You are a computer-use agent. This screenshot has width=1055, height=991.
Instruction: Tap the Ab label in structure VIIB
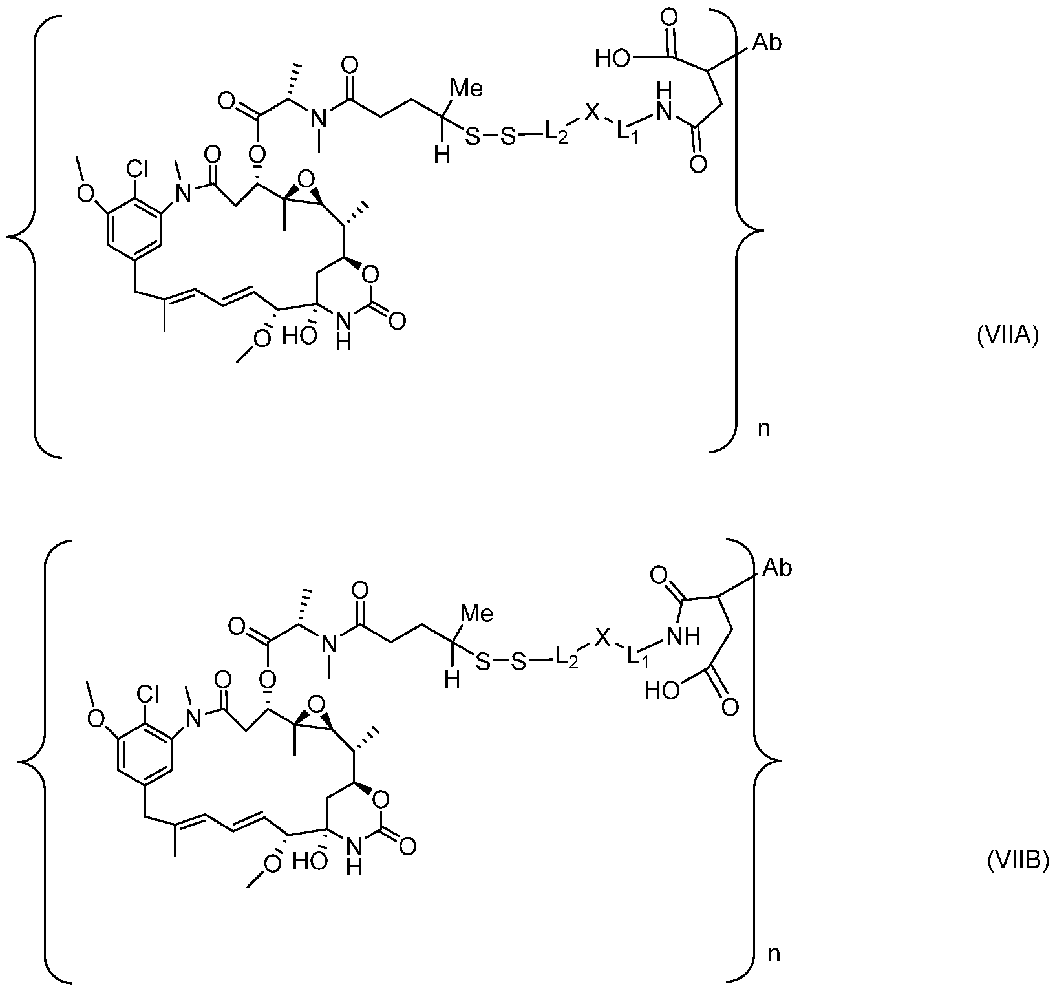778,568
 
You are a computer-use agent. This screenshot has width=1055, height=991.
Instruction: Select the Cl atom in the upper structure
137,169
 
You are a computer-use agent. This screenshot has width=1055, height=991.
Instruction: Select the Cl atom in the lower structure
148,694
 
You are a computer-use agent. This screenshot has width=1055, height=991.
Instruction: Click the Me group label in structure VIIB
478,613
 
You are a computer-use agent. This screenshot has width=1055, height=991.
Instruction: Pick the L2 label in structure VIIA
556,135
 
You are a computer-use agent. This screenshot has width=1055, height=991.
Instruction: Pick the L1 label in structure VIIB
637,659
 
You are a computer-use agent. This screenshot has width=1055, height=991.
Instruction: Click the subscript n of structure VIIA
763,428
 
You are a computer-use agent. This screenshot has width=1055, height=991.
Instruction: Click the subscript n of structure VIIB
774,953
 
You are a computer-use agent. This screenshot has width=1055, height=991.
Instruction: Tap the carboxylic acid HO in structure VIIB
663,691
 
